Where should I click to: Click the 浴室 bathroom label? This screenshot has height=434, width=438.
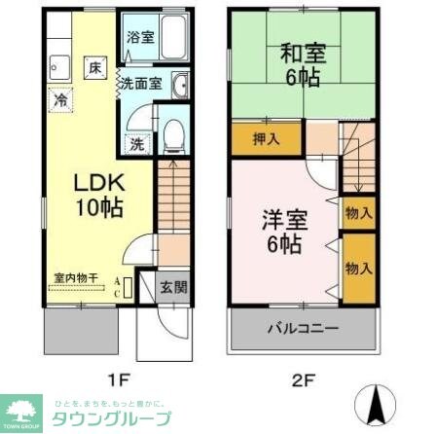(x=140, y=38)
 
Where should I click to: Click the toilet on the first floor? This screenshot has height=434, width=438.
(x=173, y=136)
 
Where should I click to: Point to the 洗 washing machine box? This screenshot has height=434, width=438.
(x=136, y=144)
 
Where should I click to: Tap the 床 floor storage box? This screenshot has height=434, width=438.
(x=94, y=68)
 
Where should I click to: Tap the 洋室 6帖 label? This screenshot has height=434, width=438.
(x=276, y=230)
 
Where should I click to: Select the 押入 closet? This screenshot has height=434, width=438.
(x=266, y=138)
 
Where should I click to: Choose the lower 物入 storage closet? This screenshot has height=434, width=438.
(x=357, y=268)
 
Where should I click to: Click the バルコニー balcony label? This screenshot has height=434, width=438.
(x=304, y=328)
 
